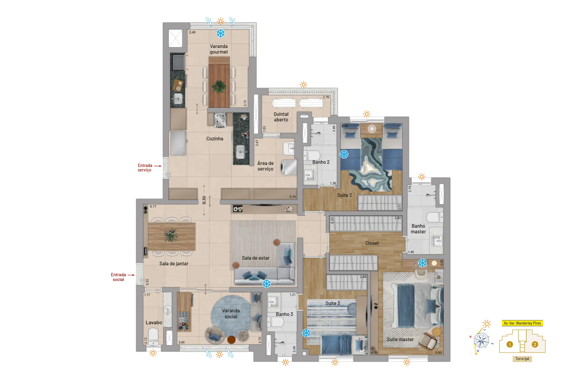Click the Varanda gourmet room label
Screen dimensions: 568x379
click(219, 49)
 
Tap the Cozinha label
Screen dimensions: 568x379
click(215, 139)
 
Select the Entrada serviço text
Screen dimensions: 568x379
click(145, 168)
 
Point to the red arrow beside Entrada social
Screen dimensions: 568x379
click(131, 275)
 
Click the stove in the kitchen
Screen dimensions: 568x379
click(220, 120)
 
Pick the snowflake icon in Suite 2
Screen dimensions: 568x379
click(344, 154)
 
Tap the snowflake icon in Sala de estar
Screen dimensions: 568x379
click(267, 283)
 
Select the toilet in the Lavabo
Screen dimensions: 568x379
click(153, 336)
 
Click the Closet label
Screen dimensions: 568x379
click(372, 243)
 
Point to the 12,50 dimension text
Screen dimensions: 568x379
click(204, 200)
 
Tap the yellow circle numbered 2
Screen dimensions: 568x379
click(535, 344)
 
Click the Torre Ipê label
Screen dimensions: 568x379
click(522, 359)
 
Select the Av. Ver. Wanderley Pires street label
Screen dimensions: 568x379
click(522, 323)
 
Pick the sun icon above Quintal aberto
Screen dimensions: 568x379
click(304, 85)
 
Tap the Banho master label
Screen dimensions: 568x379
click(418, 229)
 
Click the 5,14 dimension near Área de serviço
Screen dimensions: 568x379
click(293, 197)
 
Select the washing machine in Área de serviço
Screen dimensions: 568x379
click(288, 167)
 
